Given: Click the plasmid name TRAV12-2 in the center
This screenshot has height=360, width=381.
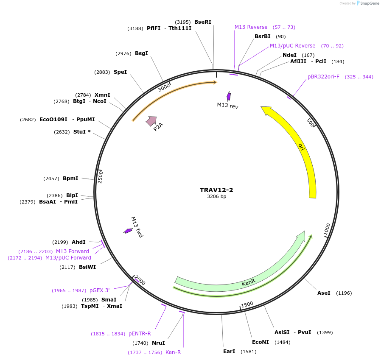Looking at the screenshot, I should click(x=216, y=190).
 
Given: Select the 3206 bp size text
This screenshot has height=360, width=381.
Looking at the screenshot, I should click(x=216, y=197).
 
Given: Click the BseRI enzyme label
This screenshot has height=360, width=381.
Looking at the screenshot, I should click(x=202, y=22).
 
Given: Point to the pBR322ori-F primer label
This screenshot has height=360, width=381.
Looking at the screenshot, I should click(x=323, y=77).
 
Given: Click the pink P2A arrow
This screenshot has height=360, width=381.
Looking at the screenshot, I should click(x=151, y=121).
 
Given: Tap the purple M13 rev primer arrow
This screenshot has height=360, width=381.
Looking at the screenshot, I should click(x=229, y=96).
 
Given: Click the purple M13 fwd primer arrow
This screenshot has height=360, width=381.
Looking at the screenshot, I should click(x=128, y=231).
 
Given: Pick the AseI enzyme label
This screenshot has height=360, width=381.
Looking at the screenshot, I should click(x=324, y=293).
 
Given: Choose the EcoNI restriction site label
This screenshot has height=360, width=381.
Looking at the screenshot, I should click(x=261, y=342).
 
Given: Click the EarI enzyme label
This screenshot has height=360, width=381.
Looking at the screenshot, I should click(x=229, y=352).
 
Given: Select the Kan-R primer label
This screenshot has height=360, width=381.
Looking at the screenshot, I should click(x=173, y=352).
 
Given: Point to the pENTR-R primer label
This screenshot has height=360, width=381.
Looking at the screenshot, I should click(x=140, y=334).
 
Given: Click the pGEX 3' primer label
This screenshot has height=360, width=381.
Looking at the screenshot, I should click(x=99, y=290).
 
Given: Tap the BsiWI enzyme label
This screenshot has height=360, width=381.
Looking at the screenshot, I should click(x=87, y=267).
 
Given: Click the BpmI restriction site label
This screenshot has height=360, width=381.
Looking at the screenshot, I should click(x=70, y=179).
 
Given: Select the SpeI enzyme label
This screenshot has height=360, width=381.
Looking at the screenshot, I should click(x=120, y=72).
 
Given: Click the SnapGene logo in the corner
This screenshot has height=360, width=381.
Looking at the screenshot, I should click(x=367, y=3).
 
